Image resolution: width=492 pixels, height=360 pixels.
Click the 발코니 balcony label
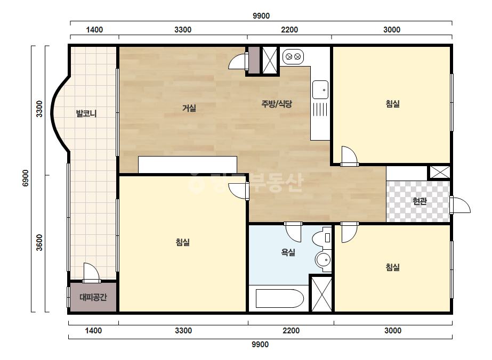[x=86, y=113]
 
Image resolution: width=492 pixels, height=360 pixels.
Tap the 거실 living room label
[x=189, y=108]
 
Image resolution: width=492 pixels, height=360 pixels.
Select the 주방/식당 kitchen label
[x=277, y=103]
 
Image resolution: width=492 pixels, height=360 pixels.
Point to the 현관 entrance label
[x=420, y=201]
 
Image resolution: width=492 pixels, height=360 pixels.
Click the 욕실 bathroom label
[x=288, y=252]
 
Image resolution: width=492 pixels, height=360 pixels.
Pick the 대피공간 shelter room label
[x=93, y=297]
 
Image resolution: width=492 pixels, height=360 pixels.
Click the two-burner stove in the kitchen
[x=293, y=57]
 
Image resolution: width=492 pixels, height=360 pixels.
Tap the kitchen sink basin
[x=320, y=89]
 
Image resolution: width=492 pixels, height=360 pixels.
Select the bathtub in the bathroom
[x=279, y=299]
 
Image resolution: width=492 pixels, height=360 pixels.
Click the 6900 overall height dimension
[x=26, y=178]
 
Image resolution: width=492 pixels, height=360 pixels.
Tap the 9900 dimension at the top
[x=261, y=15]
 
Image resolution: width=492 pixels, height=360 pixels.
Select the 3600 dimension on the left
[x=39, y=242]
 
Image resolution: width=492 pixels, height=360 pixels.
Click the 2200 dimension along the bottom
[x=291, y=331]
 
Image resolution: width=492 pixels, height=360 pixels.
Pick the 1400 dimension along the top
[x=94, y=30]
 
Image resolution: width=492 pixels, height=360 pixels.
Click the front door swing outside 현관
[x=461, y=205]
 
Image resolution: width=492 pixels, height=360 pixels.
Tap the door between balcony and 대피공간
[x=91, y=273]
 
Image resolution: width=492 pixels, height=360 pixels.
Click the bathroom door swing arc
[x=293, y=232]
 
